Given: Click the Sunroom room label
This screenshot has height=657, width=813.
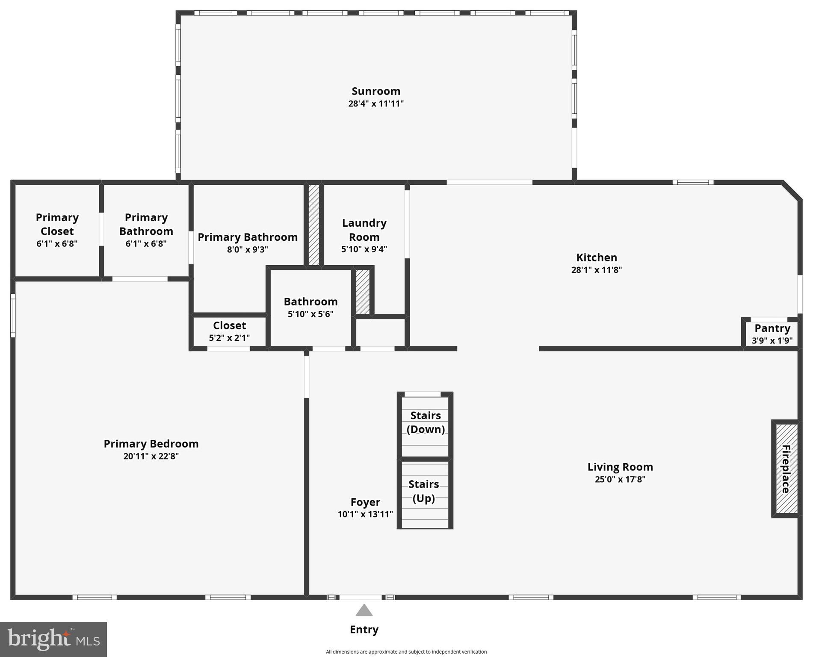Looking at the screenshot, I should (x=375, y=91).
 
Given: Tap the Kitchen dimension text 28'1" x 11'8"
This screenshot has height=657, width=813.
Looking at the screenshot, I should (x=596, y=270).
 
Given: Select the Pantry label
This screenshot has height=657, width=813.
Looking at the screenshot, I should (x=772, y=328).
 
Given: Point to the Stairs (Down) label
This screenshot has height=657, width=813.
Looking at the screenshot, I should (x=426, y=422).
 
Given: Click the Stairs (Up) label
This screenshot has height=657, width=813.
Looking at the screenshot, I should (x=424, y=491).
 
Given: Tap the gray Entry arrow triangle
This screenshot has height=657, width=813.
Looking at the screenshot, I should (x=364, y=610).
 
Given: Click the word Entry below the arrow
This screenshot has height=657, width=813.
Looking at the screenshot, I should (x=364, y=630).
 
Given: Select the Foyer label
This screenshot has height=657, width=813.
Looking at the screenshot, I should (x=365, y=502).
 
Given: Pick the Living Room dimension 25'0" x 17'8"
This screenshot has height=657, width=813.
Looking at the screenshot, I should (x=620, y=479).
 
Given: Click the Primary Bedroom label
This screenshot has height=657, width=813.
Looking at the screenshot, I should (x=151, y=444).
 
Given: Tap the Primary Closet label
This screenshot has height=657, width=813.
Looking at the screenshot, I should (x=57, y=224).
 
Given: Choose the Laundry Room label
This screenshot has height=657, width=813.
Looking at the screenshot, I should (x=364, y=230).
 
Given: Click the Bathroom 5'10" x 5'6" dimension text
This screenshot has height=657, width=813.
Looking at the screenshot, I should (x=310, y=314).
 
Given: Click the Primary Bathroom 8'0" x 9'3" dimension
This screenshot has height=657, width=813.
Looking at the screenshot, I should (x=247, y=249).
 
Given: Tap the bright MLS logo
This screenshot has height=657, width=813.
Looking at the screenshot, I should (x=53, y=639).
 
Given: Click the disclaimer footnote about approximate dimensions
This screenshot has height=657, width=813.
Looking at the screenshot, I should (x=406, y=652).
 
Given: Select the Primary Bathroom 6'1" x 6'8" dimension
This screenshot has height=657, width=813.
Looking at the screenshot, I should (x=146, y=244).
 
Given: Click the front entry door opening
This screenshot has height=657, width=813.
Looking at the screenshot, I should (x=361, y=597).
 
